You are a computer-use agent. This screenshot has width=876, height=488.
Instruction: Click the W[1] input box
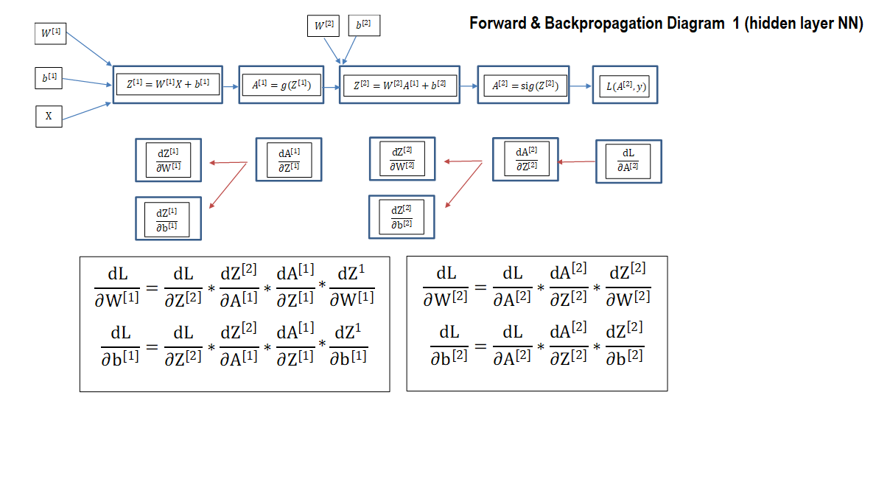[x=50, y=33]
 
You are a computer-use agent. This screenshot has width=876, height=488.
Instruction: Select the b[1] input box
[x=49, y=78]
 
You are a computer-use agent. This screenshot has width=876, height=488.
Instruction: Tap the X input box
[x=49, y=116]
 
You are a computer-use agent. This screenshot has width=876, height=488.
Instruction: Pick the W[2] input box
[x=323, y=26]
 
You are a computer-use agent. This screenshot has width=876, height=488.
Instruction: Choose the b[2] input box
[x=364, y=25]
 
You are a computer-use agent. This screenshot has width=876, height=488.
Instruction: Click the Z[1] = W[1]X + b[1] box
[x=167, y=85]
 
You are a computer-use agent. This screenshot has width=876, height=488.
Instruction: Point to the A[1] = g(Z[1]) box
[x=281, y=85]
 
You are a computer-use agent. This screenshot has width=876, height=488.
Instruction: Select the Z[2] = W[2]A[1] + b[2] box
[x=399, y=85]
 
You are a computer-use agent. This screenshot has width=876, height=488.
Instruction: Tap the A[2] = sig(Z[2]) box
[x=524, y=85]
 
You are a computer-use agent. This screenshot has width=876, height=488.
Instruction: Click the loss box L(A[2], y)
[x=626, y=85]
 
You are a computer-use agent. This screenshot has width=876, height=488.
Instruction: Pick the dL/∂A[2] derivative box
[x=628, y=161]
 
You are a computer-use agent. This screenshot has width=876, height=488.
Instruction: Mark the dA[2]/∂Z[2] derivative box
[x=525, y=159]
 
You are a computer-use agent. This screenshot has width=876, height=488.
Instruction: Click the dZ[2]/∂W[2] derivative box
[x=402, y=158]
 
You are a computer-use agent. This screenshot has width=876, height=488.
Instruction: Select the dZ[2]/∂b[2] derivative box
[x=402, y=217]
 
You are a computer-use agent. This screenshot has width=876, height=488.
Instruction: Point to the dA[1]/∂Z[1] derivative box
[x=289, y=160]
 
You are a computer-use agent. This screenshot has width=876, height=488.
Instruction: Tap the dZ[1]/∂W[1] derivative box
[x=168, y=161]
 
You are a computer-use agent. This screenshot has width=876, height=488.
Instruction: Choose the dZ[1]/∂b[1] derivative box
[x=168, y=218]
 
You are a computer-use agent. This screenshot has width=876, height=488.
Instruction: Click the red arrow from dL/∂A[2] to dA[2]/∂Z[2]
[x=577, y=161]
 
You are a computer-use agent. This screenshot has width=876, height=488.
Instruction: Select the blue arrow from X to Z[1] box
[x=87, y=111]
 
